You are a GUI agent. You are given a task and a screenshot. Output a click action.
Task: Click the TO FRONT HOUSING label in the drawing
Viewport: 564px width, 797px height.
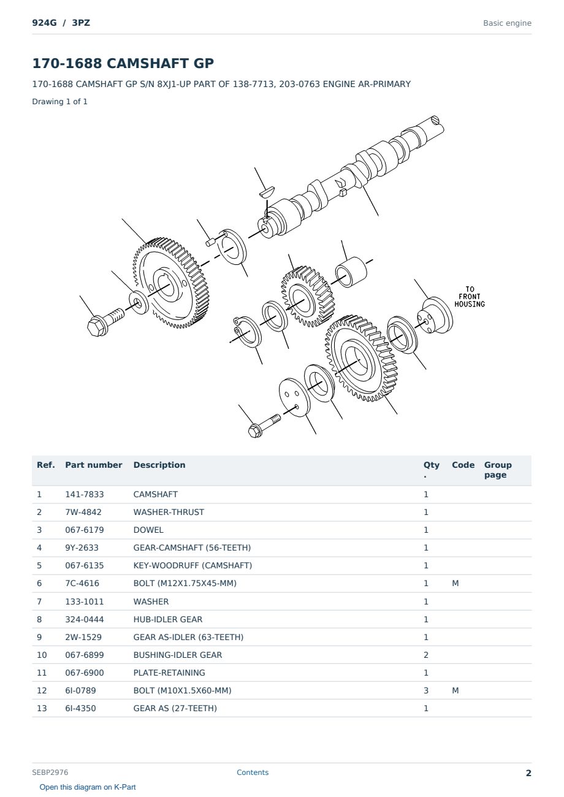(x=470, y=297)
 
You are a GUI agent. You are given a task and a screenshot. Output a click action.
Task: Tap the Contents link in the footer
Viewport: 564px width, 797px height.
(x=253, y=772)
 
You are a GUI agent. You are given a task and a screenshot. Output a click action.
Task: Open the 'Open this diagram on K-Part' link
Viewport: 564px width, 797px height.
(x=88, y=787)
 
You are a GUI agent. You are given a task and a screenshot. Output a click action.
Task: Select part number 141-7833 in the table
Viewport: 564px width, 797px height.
(x=85, y=494)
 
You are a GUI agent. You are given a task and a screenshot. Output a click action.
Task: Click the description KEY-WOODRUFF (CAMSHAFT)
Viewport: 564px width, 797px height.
(x=192, y=565)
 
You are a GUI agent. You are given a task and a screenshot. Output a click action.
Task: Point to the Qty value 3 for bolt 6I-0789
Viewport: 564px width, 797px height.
(x=426, y=690)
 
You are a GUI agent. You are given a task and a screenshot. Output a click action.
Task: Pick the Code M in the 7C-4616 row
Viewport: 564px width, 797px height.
(x=455, y=583)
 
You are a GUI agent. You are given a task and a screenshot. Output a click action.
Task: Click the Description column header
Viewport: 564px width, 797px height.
(x=159, y=465)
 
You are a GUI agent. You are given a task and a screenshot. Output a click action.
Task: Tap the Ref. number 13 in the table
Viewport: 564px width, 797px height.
(x=42, y=708)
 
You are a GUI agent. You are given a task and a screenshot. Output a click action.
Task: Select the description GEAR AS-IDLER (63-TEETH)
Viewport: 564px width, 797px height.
(x=188, y=637)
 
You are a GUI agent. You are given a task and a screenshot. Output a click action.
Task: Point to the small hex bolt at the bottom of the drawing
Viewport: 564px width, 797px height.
(x=264, y=425)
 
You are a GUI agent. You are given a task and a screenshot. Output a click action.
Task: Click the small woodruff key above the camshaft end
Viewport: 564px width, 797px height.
(x=267, y=191)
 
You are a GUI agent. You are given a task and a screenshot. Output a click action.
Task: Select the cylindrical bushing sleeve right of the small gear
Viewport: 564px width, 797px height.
(x=351, y=272)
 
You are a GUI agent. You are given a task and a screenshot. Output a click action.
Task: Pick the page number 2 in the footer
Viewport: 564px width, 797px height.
(x=528, y=773)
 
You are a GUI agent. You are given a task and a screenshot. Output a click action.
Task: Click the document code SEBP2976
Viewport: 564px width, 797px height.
(x=50, y=772)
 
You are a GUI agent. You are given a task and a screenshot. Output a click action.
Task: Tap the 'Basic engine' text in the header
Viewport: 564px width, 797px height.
(x=507, y=23)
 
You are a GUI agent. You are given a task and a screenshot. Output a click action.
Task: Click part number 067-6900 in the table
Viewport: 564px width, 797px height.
(x=85, y=673)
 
